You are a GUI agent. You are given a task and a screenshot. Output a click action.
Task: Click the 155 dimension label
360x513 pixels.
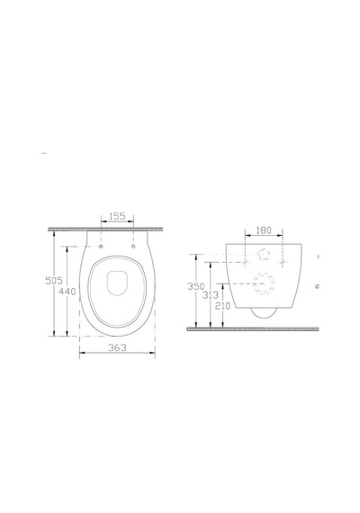tap(117, 216)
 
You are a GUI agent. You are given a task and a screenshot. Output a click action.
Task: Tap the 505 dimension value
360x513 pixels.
tap(54, 281)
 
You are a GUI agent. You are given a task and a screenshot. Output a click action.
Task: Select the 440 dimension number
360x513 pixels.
tap(67, 292)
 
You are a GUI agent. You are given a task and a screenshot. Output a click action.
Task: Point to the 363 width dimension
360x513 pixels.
tap(117, 347)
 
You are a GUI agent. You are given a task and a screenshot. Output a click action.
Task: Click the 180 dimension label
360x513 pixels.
tap(264, 230)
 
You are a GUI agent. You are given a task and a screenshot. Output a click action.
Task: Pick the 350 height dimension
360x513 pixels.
tap(195, 286)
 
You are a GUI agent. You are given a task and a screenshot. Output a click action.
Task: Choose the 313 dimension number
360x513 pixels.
tap(210, 295)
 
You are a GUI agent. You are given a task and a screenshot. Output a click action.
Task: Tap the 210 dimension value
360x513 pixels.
tap(223, 306)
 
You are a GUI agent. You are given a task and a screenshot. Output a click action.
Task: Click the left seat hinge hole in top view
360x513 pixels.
tap(101, 247)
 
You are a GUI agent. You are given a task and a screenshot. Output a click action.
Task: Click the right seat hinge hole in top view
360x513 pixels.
tap(133, 247)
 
